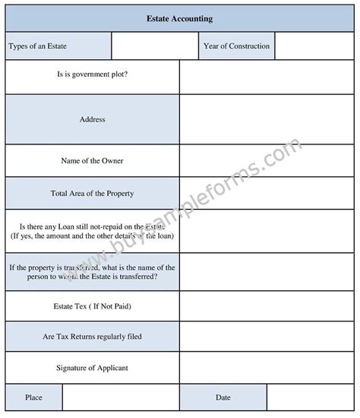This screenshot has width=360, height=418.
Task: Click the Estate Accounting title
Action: tap(179, 18)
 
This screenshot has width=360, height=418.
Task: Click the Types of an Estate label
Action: tap(38, 46)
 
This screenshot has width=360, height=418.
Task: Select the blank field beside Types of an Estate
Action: tap(155, 46)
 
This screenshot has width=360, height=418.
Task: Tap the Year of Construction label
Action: tap(236, 46)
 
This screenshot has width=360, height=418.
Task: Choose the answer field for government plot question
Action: tap(267, 77)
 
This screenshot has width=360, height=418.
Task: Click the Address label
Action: tap(92, 119)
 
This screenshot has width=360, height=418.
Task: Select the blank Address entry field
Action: tap(267, 119)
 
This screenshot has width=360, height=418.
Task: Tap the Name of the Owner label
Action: tap(92, 161)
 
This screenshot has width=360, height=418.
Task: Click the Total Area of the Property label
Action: tap(92, 194)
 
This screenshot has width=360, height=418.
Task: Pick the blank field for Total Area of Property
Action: tap(267, 194)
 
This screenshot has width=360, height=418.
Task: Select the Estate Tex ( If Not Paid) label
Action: tap(92, 306)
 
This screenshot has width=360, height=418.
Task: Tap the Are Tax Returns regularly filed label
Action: tap(92, 336)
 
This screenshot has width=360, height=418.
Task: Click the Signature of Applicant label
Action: tap(92, 368)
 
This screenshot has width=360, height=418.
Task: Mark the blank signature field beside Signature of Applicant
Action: tap(267, 368)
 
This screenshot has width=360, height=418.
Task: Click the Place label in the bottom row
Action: tap(33, 397)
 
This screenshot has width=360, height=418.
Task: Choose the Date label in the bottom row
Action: tap(223, 397)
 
